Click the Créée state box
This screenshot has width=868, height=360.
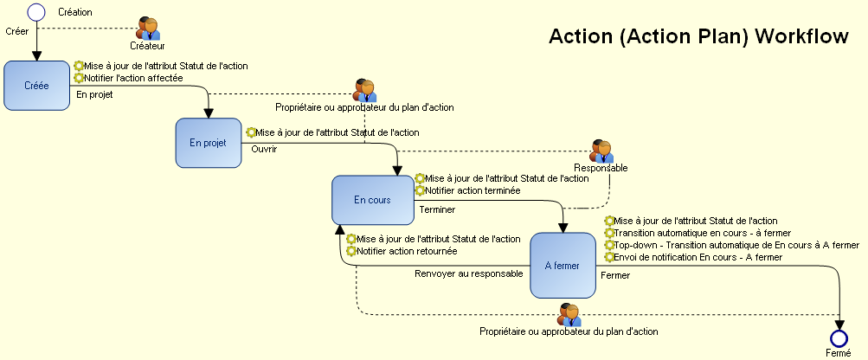pos(36,85)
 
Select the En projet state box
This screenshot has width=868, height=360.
pos(208,143)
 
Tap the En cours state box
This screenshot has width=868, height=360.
pos(372,200)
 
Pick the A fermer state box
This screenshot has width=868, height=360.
pos(563,265)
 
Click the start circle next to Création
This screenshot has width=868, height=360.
pos(36,12)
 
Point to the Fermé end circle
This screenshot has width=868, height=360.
pos(838,337)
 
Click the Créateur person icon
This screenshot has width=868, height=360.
pos(148,28)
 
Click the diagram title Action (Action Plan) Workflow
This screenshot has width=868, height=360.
pos(698,37)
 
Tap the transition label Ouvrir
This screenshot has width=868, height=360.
pos(264,149)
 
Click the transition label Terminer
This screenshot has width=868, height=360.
pos(437,209)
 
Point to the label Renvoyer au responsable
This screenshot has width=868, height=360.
pos(468,274)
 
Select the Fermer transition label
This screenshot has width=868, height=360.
pos(615,276)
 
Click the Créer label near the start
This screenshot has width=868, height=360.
pos(17,31)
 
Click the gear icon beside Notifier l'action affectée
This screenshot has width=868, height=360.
pos(79,78)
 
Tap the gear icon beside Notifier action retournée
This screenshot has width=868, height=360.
pos(352,251)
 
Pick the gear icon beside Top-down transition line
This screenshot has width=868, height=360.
pos(609,245)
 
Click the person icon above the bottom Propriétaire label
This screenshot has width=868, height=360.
pos(569,315)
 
